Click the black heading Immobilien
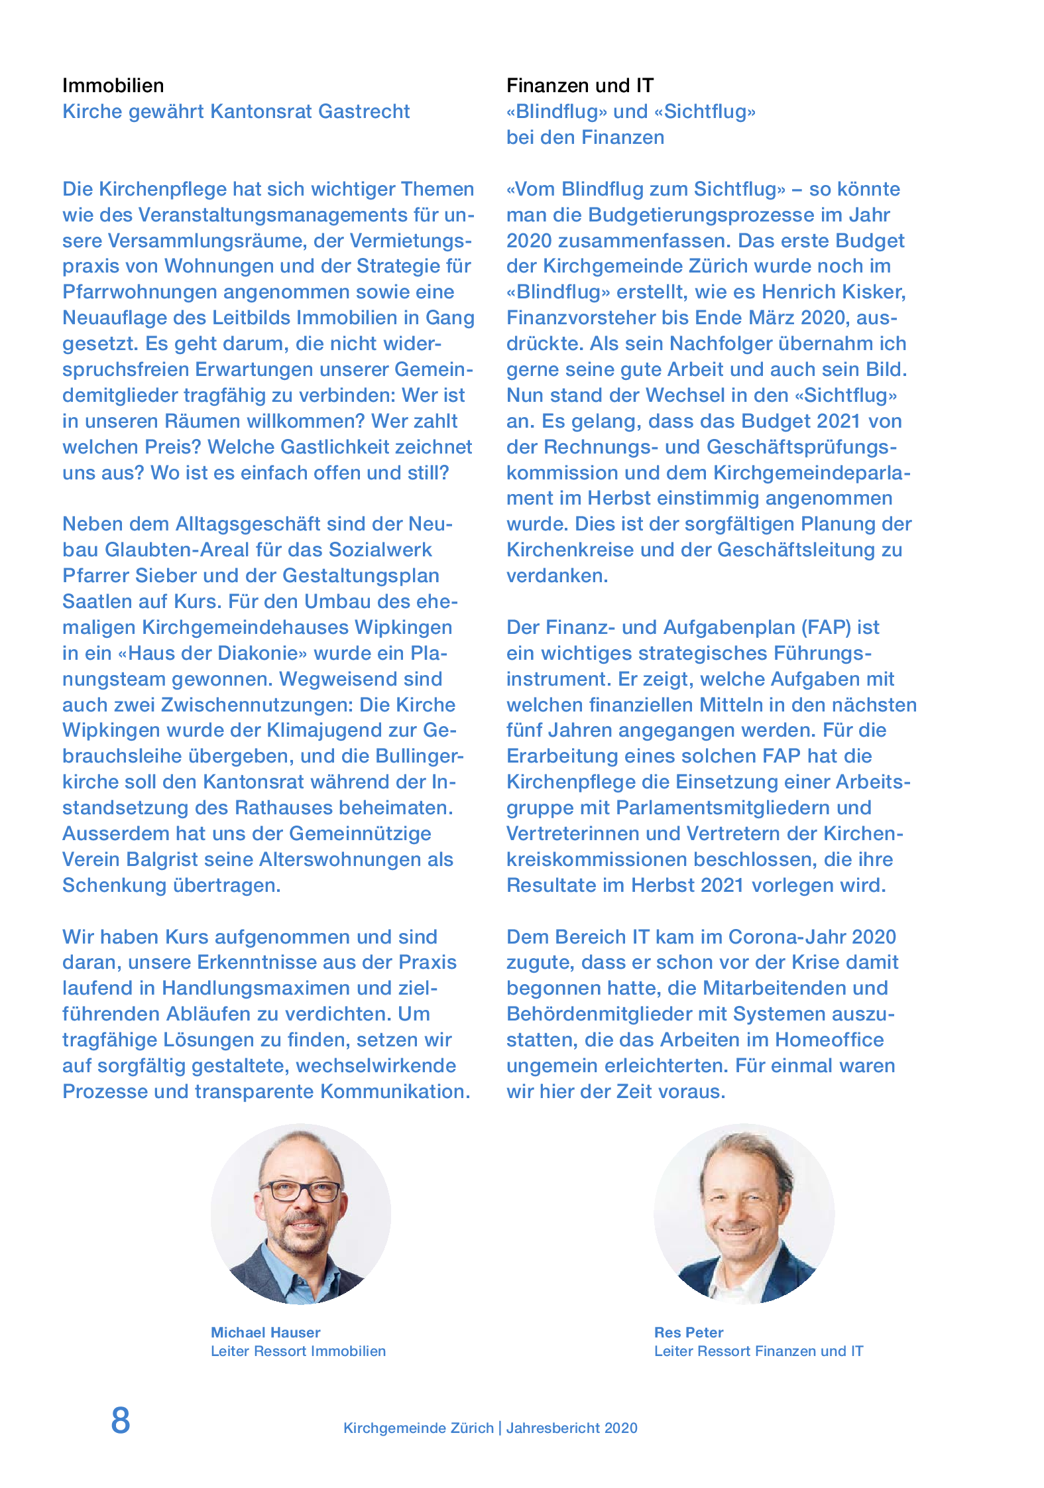[x=113, y=86]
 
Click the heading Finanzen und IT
[x=579, y=86]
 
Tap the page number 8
[x=121, y=1420]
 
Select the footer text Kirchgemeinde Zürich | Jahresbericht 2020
[x=490, y=1428]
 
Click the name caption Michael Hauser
[x=265, y=1332]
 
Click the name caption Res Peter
[x=688, y=1332]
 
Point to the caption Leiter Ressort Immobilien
[x=298, y=1351]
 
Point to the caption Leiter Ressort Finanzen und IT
[x=758, y=1351]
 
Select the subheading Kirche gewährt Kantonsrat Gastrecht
[x=236, y=111]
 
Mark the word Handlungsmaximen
[x=257, y=988]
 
